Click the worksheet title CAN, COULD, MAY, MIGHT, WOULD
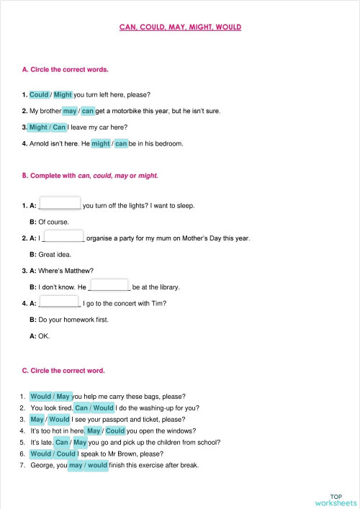click(x=180, y=27)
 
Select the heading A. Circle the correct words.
click(x=66, y=70)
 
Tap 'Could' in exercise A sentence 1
click(x=39, y=94)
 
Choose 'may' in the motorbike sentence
click(x=70, y=111)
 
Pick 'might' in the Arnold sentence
click(x=101, y=143)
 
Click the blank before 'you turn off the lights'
click(x=60, y=204)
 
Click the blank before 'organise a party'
click(x=64, y=237)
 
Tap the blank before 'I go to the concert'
click(x=58, y=302)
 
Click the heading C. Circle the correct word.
click(x=63, y=371)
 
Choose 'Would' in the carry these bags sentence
click(x=41, y=396)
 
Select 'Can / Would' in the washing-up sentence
click(x=94, y=407)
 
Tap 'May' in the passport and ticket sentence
click(x=37, y=419)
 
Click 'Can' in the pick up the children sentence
click(x=62, y=442)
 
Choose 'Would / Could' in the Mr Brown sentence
click(x=53, y=454)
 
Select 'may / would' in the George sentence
click(x=88, y=465)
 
